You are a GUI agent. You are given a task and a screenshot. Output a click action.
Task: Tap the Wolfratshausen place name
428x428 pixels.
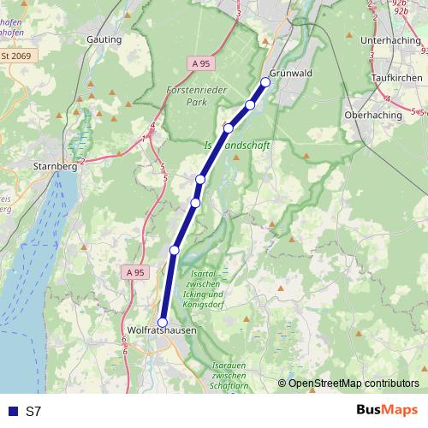162,330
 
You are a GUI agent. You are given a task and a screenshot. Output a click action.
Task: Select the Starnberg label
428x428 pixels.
54,166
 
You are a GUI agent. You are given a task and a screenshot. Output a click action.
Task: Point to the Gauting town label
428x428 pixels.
104,39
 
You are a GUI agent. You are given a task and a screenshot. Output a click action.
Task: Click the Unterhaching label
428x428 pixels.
391,40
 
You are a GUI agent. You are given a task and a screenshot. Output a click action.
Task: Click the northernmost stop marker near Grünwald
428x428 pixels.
265,83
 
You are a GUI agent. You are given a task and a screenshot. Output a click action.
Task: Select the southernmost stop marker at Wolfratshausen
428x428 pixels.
163,322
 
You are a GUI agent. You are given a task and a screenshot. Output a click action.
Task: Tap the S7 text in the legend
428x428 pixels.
33,411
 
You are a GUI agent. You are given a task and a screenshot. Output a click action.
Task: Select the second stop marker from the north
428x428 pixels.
250,104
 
